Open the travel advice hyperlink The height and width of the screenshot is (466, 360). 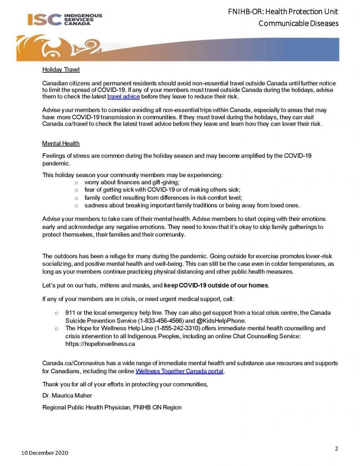pyautogui.click(x=123, y=97)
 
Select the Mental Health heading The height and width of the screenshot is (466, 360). pyautogui.click(x=61, y=143)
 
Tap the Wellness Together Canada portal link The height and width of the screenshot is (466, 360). pyautogui.click(x=179, y=371)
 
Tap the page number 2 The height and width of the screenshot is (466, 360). pyautogui.click(x=336, y=449)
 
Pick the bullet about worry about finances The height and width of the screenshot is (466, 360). pyautogui.click(x=132, y=182)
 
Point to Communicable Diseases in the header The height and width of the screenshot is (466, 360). pyautogui.click(x=298, y=23)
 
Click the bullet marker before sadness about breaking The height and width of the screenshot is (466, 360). pyautogui.click(x=76, y=206)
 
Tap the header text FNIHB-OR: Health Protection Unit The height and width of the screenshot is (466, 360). pyautogui.click(x=283, y=11)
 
